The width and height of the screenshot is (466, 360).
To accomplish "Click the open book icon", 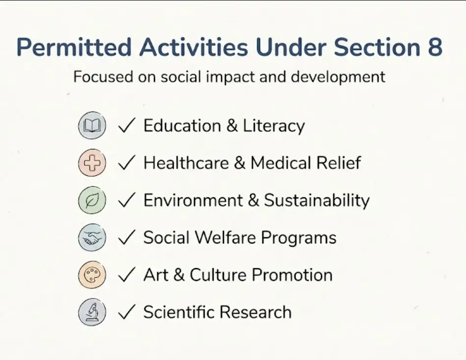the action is pos(92,125).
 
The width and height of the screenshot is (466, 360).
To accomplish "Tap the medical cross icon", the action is pos(92,163).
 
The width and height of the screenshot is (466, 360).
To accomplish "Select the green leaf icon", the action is pos(92,200).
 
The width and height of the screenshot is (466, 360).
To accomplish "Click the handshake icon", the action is pos(92,238).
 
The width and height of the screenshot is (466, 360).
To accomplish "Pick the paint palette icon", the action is pos(92,275).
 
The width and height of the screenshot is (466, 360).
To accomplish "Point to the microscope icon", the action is pos(92,312).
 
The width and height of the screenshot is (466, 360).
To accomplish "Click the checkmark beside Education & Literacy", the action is pos(127,125).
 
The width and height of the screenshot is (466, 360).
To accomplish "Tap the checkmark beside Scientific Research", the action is pos(127,312).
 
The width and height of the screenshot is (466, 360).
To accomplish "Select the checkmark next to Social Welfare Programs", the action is pos(127,237).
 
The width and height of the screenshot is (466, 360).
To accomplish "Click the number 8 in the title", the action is pos(435,47).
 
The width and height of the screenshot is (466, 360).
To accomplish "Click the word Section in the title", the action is pos(377,47).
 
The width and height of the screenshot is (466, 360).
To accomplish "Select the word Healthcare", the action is pos(186,163).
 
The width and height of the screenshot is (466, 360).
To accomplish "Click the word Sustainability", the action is pos(317,200).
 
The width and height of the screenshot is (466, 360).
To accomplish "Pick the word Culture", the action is pos(218,275).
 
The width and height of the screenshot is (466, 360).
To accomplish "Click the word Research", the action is pos(255,312).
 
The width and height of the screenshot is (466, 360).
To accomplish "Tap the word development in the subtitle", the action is pos(338,77).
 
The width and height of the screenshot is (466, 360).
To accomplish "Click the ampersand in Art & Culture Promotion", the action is pos(179,275).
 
